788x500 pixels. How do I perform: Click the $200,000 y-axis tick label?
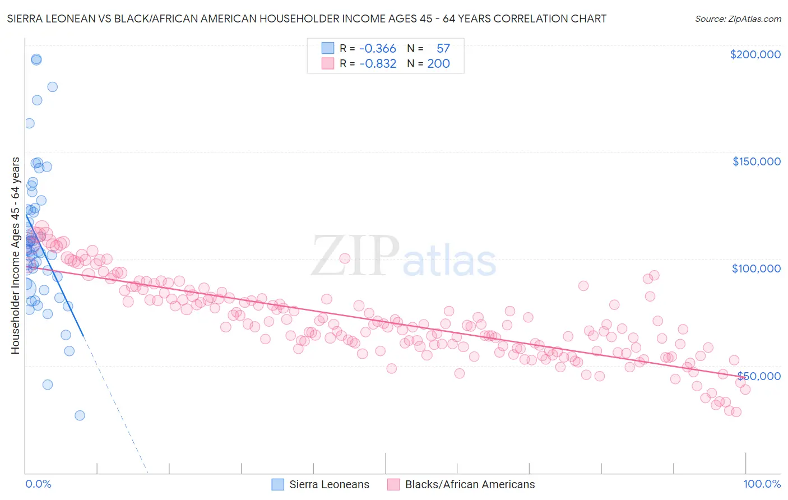pos(755,54)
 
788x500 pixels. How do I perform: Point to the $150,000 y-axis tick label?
pos(756,161)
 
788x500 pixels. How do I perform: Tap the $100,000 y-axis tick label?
pos(756,268)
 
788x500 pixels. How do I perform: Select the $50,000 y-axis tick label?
pos(759,376)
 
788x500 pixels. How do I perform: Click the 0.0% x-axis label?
pos(38,484)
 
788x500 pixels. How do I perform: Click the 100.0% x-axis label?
pos(762,484)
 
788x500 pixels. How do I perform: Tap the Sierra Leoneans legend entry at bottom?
pos(329,485)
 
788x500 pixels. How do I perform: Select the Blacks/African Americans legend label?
pos(470,485)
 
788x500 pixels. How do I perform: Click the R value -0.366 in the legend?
pos(377,49)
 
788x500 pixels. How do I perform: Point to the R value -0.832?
pos(377,64)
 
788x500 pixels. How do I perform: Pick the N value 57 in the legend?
pos(443,49)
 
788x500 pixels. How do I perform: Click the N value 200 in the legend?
pos(438,64)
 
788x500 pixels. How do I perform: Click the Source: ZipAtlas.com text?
pos(738,19)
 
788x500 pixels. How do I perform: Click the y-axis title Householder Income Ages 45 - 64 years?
pos(16,256)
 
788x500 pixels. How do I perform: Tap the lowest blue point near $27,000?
pos(80,415)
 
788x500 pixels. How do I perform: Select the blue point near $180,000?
pos(52,87)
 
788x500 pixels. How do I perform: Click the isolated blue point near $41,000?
pos(48,385)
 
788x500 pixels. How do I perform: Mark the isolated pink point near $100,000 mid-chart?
pos(345,258)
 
